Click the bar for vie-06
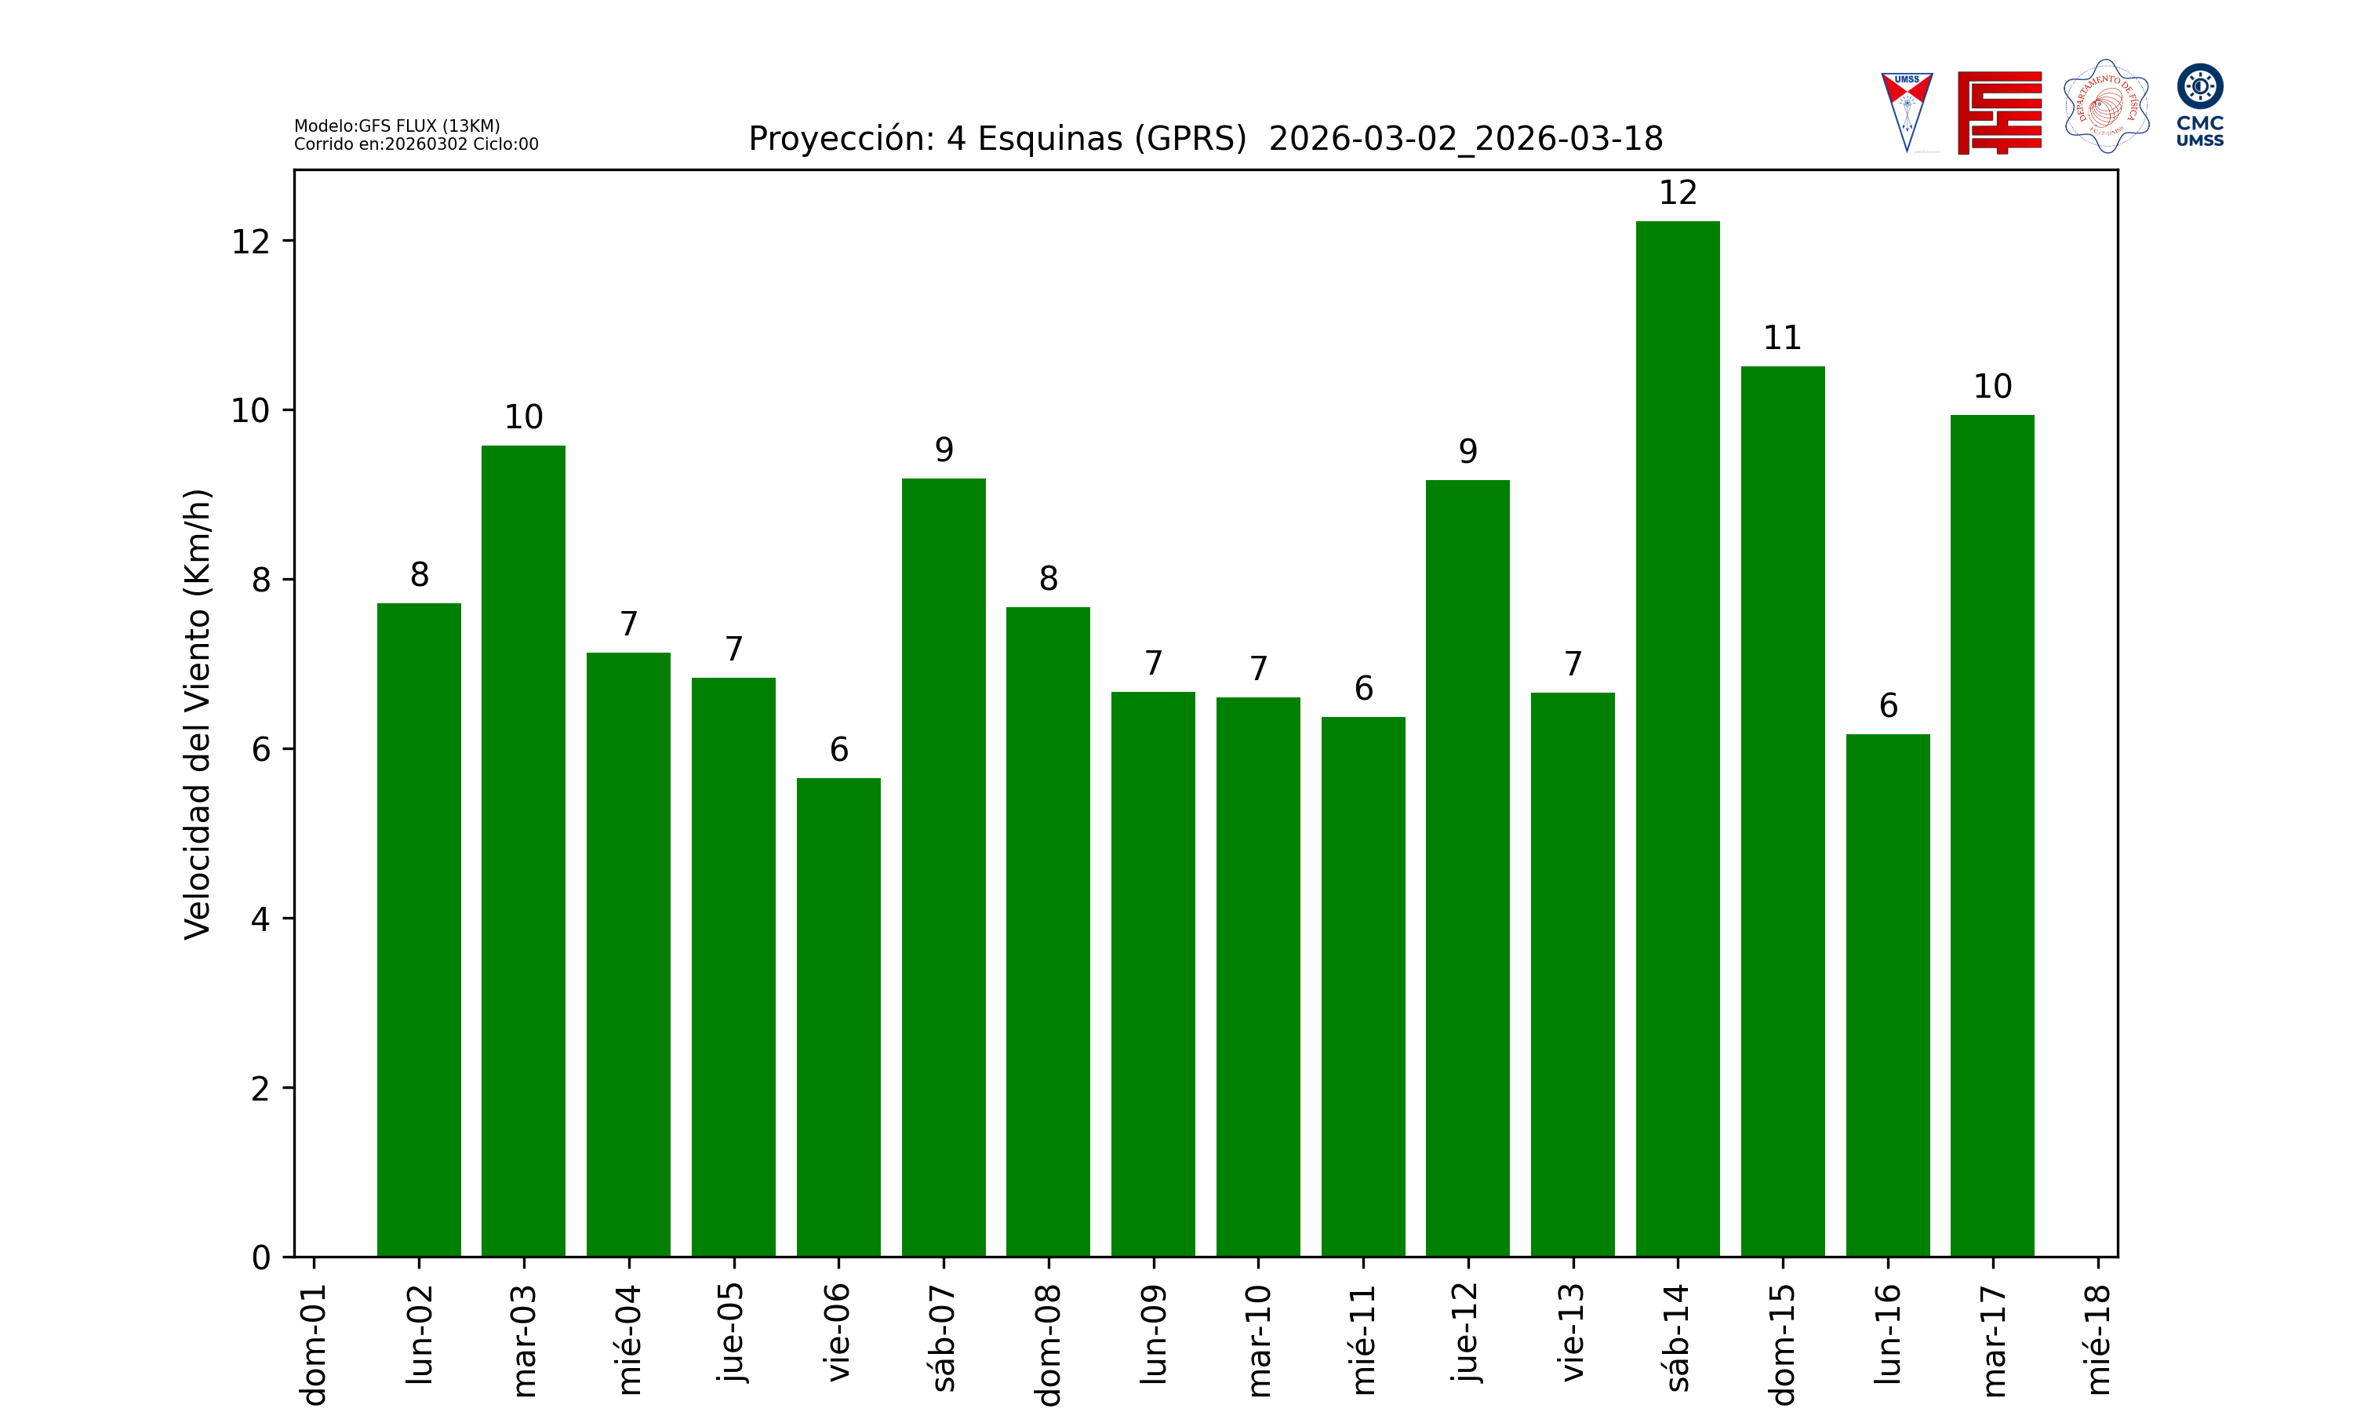[838, 1017]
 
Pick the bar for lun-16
[1887, 995]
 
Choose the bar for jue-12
[1467, 868]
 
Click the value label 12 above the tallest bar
[1678, 193]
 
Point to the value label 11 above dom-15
[1782, 338]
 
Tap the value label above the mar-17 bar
[1992, 386]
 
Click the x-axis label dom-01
[314, 1345]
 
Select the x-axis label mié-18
[2097, 1340]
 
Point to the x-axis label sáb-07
[944, 1337]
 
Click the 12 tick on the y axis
[251, 242]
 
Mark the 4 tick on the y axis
[260, 919]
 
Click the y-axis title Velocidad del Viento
[197, 714]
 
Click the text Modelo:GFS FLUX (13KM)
[397, 126]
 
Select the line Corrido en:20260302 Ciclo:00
[416, 144]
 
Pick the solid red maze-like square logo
[1999, 112]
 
